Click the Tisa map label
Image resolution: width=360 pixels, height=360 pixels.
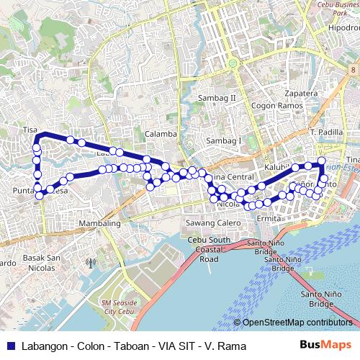click(30, 130)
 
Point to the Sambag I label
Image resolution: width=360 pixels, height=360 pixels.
click(223, 140)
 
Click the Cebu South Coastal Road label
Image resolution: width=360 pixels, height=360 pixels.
click(209, 249)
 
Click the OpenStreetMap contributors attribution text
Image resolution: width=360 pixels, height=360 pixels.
click(297, 323)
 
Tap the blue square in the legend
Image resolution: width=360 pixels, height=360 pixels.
click(10, 346)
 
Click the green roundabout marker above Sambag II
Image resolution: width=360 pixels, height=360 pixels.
click(233, 63)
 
